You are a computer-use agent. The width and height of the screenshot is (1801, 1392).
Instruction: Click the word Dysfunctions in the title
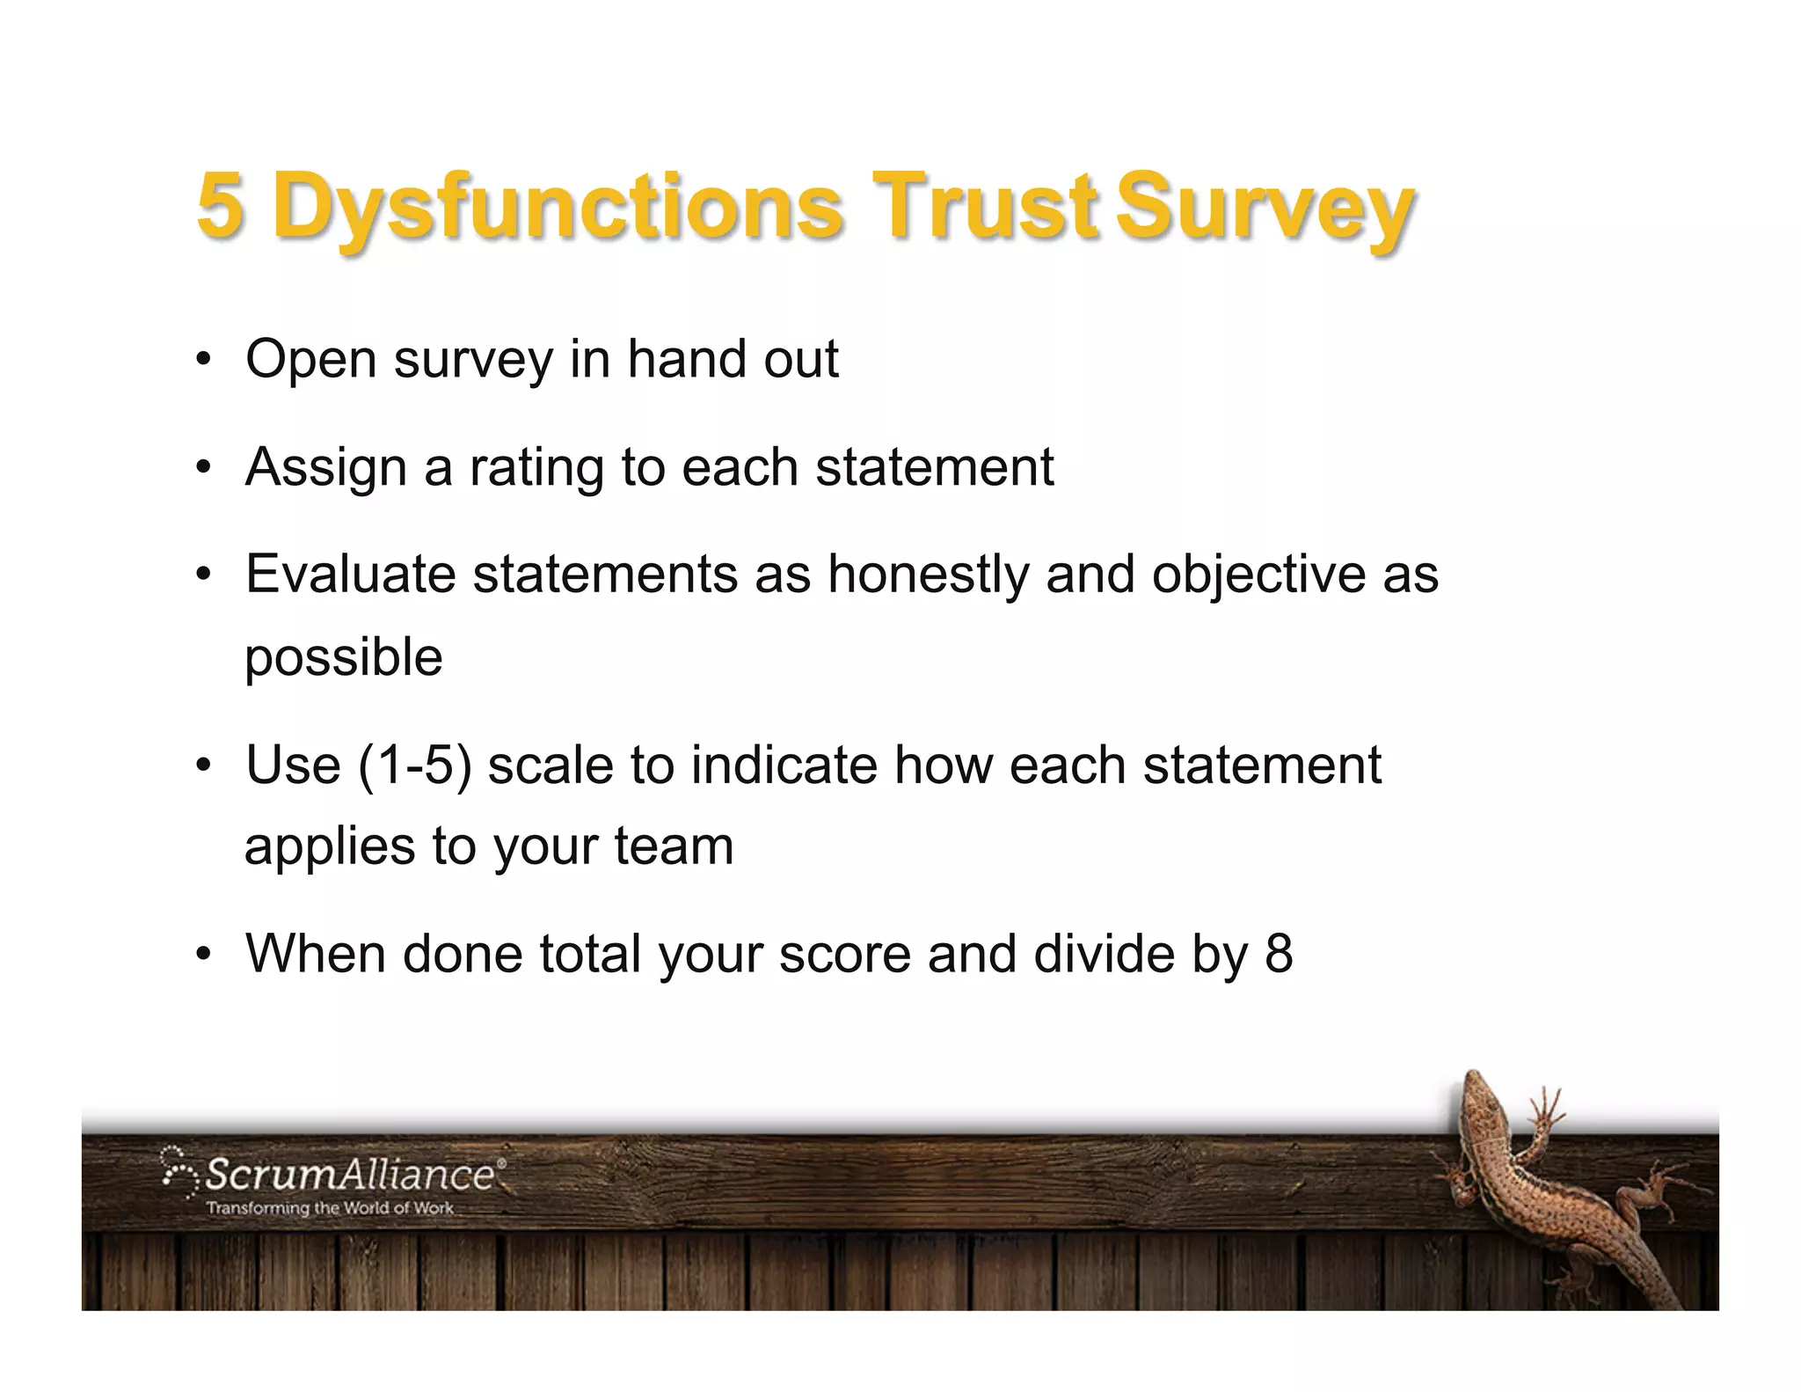point(558,208)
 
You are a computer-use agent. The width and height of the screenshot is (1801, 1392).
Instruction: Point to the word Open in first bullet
point(310,360)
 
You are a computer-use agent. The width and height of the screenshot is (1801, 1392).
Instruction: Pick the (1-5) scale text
point(415,765)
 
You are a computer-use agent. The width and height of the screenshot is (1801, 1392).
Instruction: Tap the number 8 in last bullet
point(1279,954)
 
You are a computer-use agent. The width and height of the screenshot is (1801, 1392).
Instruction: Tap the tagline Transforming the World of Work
point(330,1209)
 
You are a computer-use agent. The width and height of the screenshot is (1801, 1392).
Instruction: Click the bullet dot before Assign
point(204,468)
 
